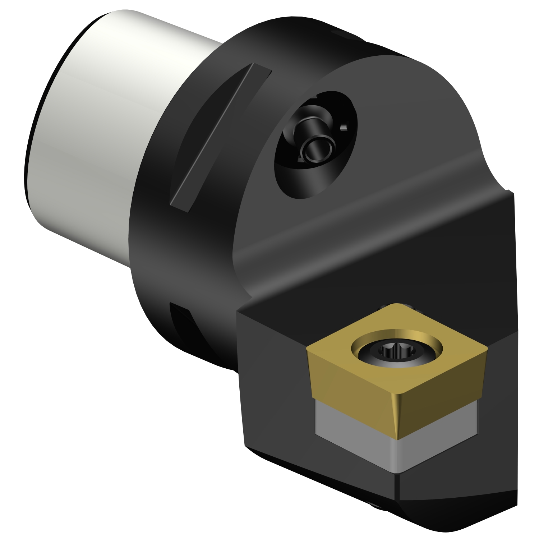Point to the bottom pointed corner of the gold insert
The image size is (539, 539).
coord(398,438)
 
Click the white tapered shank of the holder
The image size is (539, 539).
coord(108,119)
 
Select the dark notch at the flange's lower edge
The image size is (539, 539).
coord(181,323)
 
